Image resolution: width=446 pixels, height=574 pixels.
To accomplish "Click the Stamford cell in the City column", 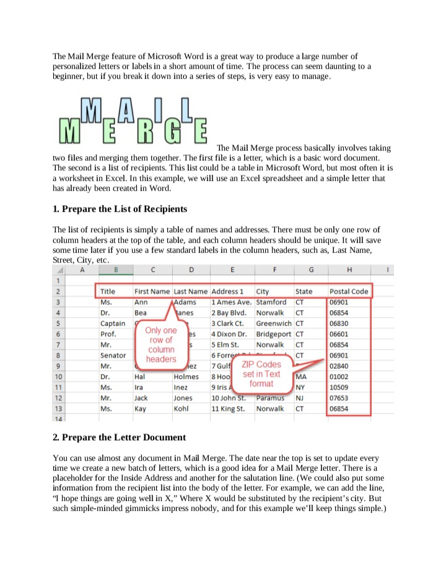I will coord(271,302).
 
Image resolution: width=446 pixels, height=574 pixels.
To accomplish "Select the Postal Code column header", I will coord(349,291).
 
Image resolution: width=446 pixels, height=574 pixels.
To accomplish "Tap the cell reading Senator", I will coord(113,355).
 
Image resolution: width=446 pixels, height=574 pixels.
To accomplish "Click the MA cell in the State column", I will coord(302,376).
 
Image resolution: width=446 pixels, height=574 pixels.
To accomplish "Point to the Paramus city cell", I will coord(271,398).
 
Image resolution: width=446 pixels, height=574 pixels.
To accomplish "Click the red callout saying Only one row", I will coord(161,344).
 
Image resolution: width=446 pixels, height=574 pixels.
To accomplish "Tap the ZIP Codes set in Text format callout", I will coord(261,373).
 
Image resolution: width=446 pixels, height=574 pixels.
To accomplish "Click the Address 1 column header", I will coord(228,291).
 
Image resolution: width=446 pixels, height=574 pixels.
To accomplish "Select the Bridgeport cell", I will coord(274,334).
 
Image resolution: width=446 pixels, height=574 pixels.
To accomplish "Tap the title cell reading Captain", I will coord(113,323).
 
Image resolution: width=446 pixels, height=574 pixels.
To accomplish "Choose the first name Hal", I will coord(141,376).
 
